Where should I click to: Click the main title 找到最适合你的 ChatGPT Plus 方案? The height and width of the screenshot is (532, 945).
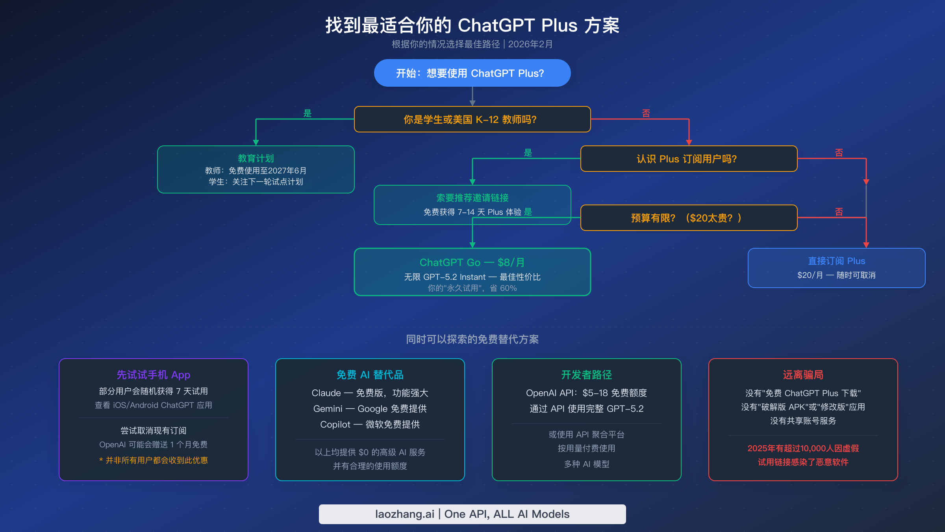coord(472,26)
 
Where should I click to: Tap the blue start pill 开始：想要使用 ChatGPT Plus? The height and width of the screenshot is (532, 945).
coord(472,73)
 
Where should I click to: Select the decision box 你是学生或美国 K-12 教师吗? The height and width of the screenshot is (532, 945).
coord(472,119)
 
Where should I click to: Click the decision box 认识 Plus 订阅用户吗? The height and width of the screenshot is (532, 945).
coord(689,159)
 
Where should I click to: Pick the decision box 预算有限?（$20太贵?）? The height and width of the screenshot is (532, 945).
coord(689,218)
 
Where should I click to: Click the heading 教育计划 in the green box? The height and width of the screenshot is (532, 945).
coord(256,158)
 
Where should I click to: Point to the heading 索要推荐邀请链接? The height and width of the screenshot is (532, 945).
coord(472,198)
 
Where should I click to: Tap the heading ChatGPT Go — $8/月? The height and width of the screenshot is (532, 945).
coord(472,262)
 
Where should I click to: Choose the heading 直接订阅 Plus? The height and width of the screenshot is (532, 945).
coord(836,261)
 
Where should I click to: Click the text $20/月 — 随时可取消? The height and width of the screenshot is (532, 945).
coord(836,275)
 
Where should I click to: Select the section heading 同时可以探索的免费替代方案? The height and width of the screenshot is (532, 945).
coord(472,339)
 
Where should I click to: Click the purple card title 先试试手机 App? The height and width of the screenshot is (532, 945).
coord(154,375)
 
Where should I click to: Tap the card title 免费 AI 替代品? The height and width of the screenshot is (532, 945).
coord(370,375)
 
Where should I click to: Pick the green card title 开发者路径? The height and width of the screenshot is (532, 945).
coord(587,375)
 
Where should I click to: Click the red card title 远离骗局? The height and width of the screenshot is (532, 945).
coord(803,375)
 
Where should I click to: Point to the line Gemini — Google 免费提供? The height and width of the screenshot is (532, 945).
coord(370,409)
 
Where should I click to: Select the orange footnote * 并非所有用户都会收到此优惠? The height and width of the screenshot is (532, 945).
coord(154,460)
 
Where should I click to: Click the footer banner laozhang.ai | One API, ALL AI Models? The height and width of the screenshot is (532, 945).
coord(472,514)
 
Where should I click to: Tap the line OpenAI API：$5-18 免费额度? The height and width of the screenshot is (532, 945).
coord(587,393)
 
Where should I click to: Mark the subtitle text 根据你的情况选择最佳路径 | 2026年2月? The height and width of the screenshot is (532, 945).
coord(472,44)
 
